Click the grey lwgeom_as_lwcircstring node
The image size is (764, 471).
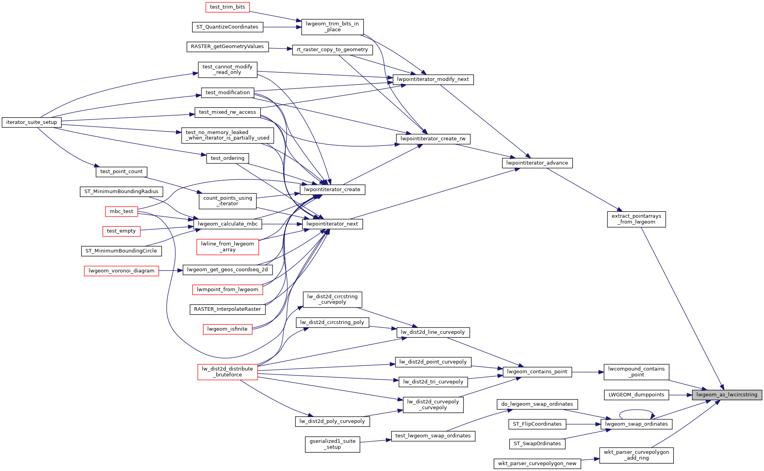pyautogui.click(x=727, y=395)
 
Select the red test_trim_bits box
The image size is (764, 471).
pyautogui.click(x=227, y=7)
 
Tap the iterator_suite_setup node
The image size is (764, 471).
pyautogui.click(x=32, y=122)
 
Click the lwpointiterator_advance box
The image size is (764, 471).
pyautogui.click(x=537, y=163)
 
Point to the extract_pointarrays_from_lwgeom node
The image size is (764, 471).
pyautogui.click(x=636, y=219)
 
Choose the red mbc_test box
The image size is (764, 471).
pyautogui.click(x=121, y=211)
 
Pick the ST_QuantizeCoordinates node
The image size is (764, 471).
pyautogui.click(x=227, y=27)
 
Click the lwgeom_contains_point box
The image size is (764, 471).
pyautogui.click(x=537, y=372)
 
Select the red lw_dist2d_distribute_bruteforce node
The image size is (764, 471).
pyautogui.click(x=227, y=372)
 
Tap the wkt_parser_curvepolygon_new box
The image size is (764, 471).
pyautogui.click(x=537, y=464)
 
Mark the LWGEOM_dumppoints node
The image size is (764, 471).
pyautogui.click(x=636, y=395)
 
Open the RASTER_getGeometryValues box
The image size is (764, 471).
pyautogui.click(x=227, y=47)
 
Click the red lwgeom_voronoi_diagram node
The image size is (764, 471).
pyautogui.click(x=121, y=271)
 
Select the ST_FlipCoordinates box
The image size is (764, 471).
pyautogui.click(x=537, y=424)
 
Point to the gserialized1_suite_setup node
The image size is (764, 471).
pyautogui.click(x=332, y=444)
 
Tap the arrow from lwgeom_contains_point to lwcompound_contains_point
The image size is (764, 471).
pyautogui.click(x=588, y=372)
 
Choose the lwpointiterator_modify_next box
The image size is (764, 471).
pyautogui.click(x=433, y=79)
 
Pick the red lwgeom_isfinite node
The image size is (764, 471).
pyautogui.click(x=227, y=329)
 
